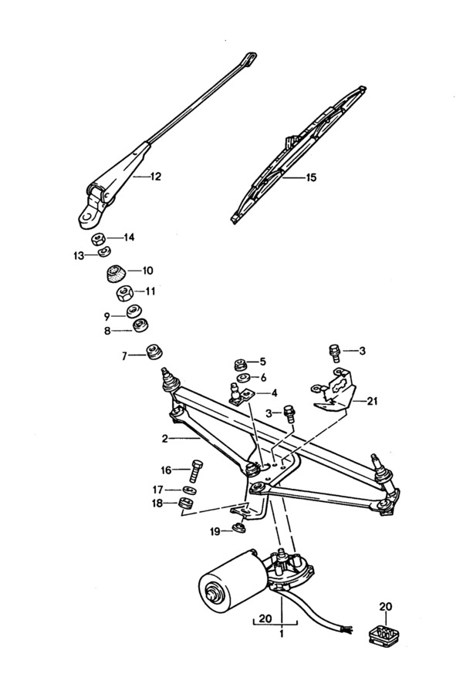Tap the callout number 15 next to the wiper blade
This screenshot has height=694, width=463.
(x=311, y=177)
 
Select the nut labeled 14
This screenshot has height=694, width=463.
(x=99, y=239)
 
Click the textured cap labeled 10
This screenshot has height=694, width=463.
(x=116, y=273)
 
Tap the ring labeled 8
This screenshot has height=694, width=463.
(x=141, y=326)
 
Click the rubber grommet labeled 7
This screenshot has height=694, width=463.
(x=155, y=353)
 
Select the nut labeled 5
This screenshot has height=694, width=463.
(x=238, y=364)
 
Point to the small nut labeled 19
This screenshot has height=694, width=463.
(x=238, y=528)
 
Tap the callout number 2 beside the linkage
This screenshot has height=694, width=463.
(x=165, y=439)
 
